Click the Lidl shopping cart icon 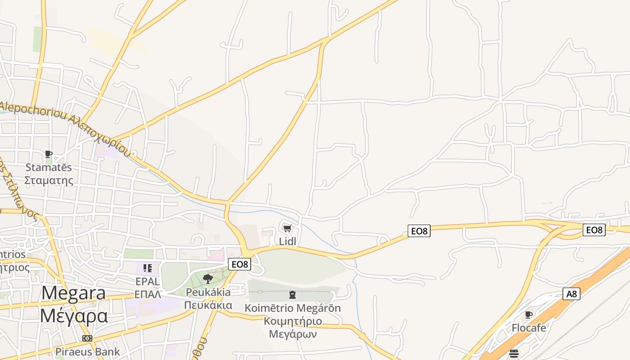tap(288, 228)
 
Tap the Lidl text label tap(288, 241)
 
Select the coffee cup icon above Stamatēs tap(49, 154)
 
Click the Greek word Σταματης tap(49, 180)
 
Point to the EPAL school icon tap(147, 268)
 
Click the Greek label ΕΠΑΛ tap(148, 295)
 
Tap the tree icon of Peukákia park tap(207, 279)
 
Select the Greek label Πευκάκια tap(208, 306)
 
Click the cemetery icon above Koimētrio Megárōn tap(292, 295)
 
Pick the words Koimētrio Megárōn tap(292, 308)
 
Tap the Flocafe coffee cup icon tap(529, 315)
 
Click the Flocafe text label tap(529, 328)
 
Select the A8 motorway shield tap(571, 294)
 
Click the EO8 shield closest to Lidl tap(239, 264)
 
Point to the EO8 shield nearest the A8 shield tap(594, 230)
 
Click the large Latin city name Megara tap(74, 293)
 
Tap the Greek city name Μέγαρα tap(74, 315)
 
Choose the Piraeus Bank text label tap(88, 351)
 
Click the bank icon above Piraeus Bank tap(87, 338)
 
